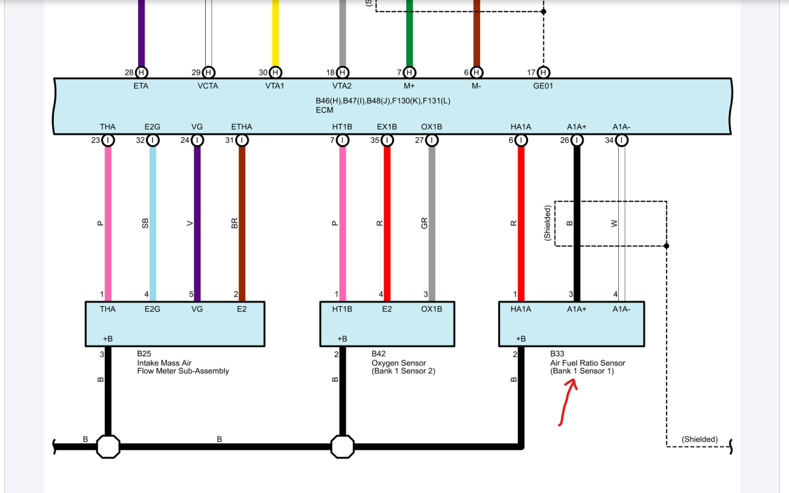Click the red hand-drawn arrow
point(567,402)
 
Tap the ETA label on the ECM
point(140,86)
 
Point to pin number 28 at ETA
point(129,73)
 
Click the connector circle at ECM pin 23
point(108,140)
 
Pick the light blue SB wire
point(153,224)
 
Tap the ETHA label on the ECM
point(242,126)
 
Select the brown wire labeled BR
point(242,224)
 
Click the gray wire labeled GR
point(432,224)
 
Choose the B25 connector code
point(144,354)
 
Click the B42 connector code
point(378,354)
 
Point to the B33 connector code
point(557,354)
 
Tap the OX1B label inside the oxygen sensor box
point(432,309)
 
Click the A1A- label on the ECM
point(621,126)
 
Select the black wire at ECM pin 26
point(576,224)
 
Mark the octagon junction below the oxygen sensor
point(342,447)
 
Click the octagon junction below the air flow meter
point(108,447)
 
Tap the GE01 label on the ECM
point(543,86)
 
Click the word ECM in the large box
point(325,111)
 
